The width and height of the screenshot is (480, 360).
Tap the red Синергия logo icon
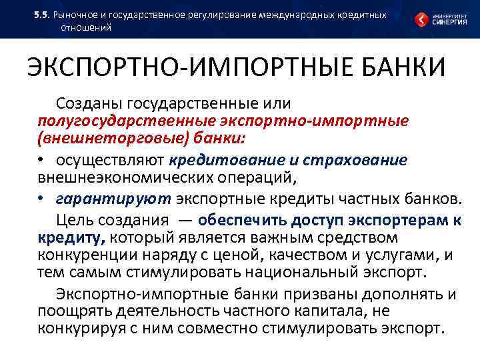pyautogui.click(x=422, y=19)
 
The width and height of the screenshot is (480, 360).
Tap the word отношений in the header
pyautogui.click(x=87, y=27)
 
